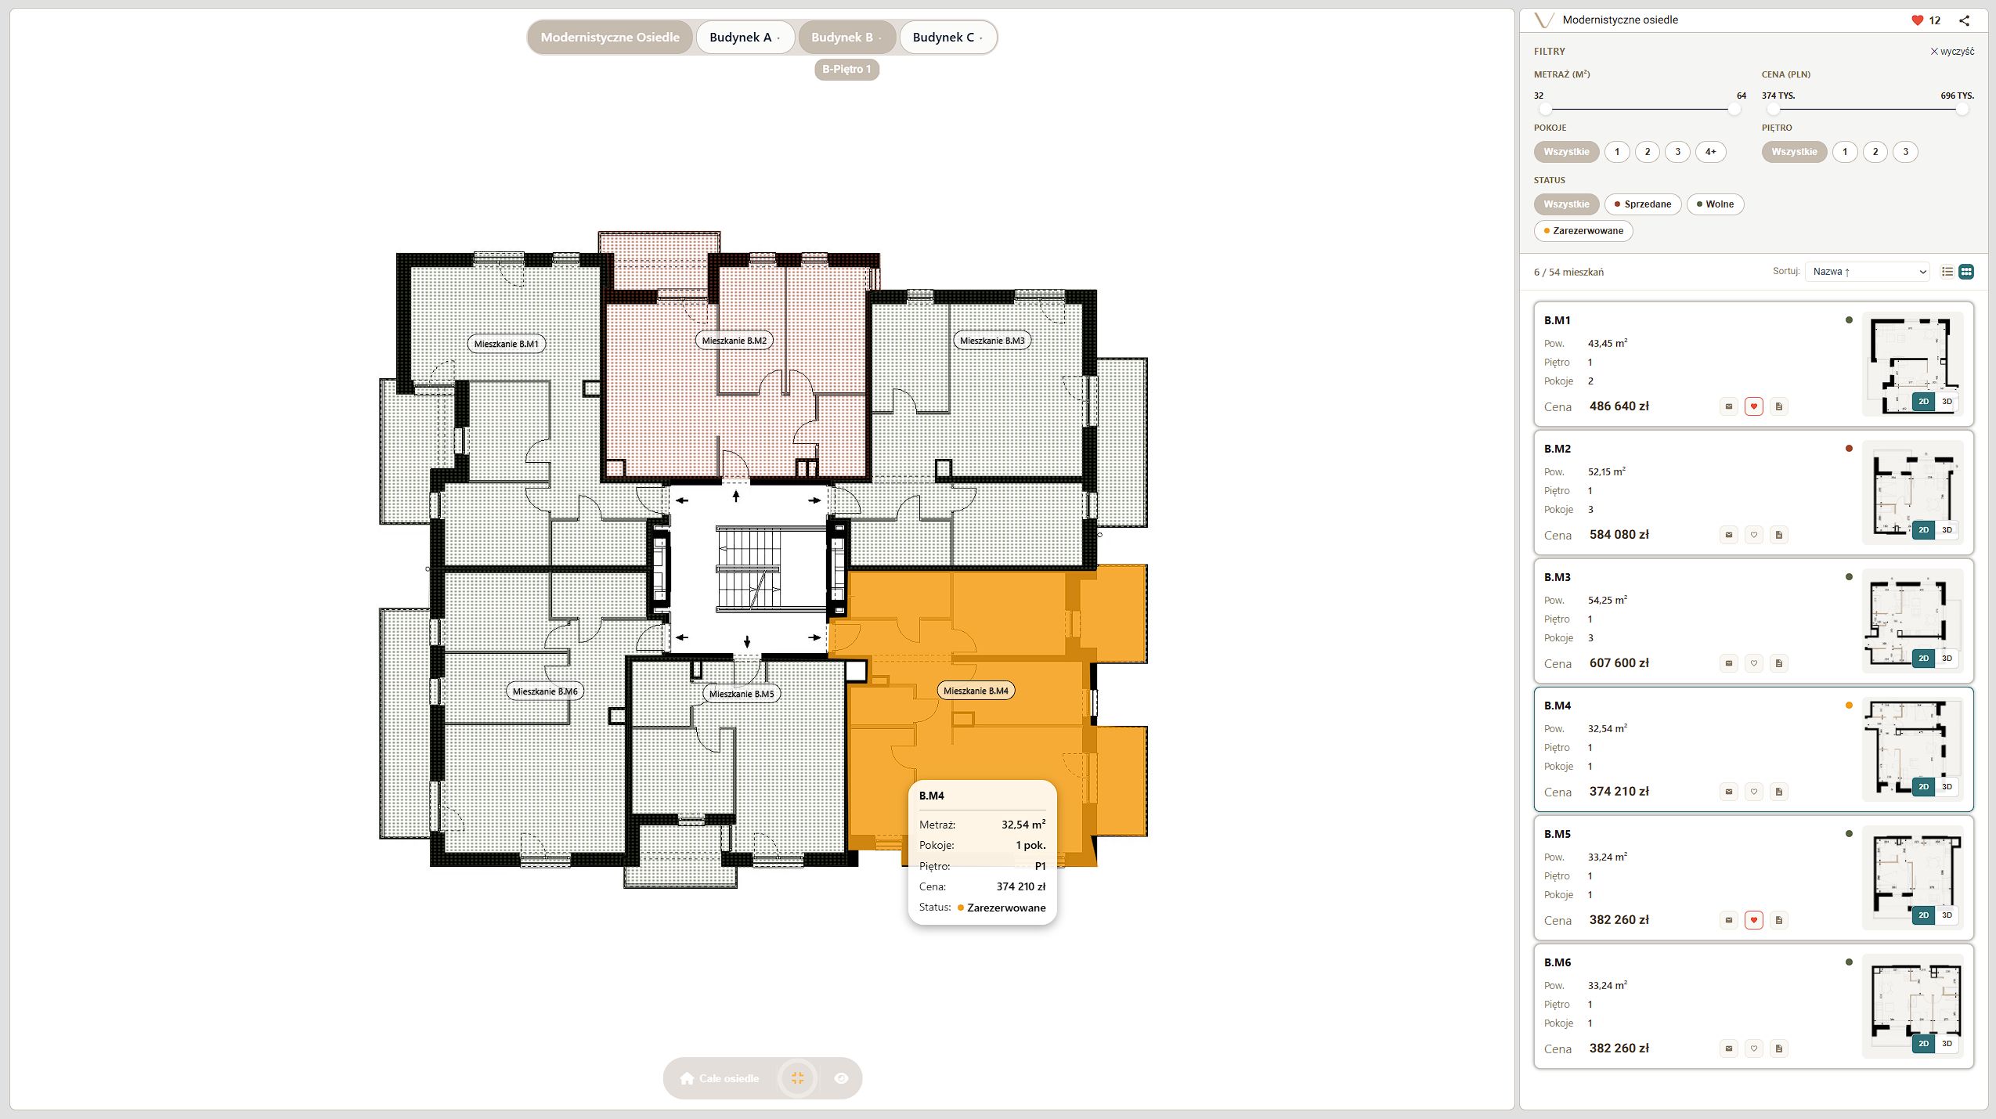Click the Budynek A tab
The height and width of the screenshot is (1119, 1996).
tap(745, 38)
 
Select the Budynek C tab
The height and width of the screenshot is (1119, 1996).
tap(947, 38)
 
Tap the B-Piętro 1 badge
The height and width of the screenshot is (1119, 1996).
tap(846, 70)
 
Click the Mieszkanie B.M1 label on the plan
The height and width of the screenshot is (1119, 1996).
tap(507, 344)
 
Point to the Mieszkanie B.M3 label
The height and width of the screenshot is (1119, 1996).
tap(992, 341)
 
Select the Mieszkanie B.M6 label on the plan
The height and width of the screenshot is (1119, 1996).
tap(545, 691)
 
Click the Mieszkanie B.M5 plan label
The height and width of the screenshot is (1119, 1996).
tap(742, 694)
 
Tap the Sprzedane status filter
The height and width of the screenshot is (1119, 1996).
tap(1643, 204)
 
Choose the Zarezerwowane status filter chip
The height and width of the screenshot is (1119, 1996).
tap(1583, 231)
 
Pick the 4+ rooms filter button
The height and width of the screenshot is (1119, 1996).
tap(1711, 152)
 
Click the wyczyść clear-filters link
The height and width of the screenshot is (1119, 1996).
tap(1952, 52)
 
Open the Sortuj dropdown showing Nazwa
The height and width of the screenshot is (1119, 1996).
tap(1868, 272)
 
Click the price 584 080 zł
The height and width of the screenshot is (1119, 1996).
tap(1619, 535)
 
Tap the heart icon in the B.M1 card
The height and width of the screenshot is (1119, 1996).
tap(1754, 406)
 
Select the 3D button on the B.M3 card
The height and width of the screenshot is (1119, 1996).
tap(1947, 659)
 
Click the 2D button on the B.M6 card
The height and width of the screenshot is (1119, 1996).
tap(1924, 1044)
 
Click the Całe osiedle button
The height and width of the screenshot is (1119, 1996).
tap(720, 1078)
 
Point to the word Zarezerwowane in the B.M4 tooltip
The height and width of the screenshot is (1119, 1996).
tap(1006, 908)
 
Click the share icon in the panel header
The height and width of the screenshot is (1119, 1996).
tap(1964, 21)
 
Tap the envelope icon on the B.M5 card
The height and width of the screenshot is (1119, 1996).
tap(1729, 920)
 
